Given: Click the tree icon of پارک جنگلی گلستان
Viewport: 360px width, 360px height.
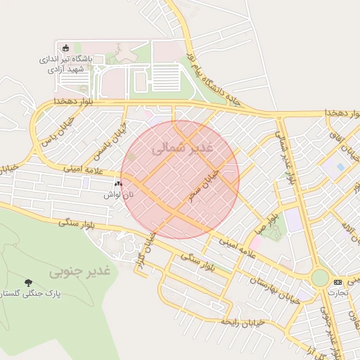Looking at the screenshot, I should point(28,283).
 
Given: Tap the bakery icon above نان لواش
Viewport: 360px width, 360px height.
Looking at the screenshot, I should point(118,184).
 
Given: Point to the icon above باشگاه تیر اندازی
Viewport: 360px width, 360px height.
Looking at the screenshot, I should point(66,48).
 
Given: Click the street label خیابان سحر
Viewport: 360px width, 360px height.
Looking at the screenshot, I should point(205,184).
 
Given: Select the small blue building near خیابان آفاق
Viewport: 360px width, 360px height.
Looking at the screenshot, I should point(340,167).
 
